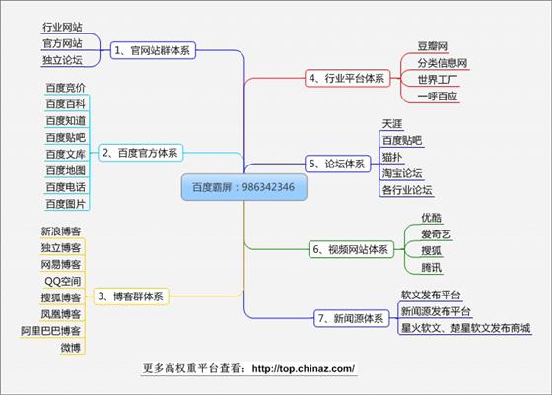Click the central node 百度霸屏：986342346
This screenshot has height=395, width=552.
(x=244, y=187)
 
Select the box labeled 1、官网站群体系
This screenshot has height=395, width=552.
(x=153, y=50)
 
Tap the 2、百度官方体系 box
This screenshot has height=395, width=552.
(x=140, y=153)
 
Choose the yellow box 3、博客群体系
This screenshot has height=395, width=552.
(x=131, y=296)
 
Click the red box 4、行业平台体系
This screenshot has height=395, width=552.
(x=347, y=78)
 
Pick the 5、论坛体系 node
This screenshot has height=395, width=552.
(x=337, y=164)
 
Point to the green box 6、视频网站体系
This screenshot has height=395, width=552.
(x=351, y=250)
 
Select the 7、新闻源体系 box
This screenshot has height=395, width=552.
(x=351, y=319)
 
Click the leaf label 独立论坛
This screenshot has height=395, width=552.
(x=63, y=60)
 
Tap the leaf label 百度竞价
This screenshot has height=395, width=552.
(x=66, y=88)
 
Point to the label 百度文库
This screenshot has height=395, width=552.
(x=66, y=154)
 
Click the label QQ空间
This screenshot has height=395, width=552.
(x=63, y=282)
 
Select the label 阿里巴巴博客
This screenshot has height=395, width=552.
(x=50, y=331)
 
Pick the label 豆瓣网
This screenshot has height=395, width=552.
(x=433, y=46)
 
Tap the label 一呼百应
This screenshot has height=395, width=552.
(x=438, y=96)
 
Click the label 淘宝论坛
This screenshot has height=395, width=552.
(x=402, y=173)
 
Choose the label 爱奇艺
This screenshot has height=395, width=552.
(x=436, y=234)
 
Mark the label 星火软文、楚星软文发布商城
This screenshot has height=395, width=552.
(x=465, y=328)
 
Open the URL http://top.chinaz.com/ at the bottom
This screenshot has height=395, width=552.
(x=304, y=369)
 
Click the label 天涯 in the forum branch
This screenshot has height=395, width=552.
(x=392, y=124)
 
